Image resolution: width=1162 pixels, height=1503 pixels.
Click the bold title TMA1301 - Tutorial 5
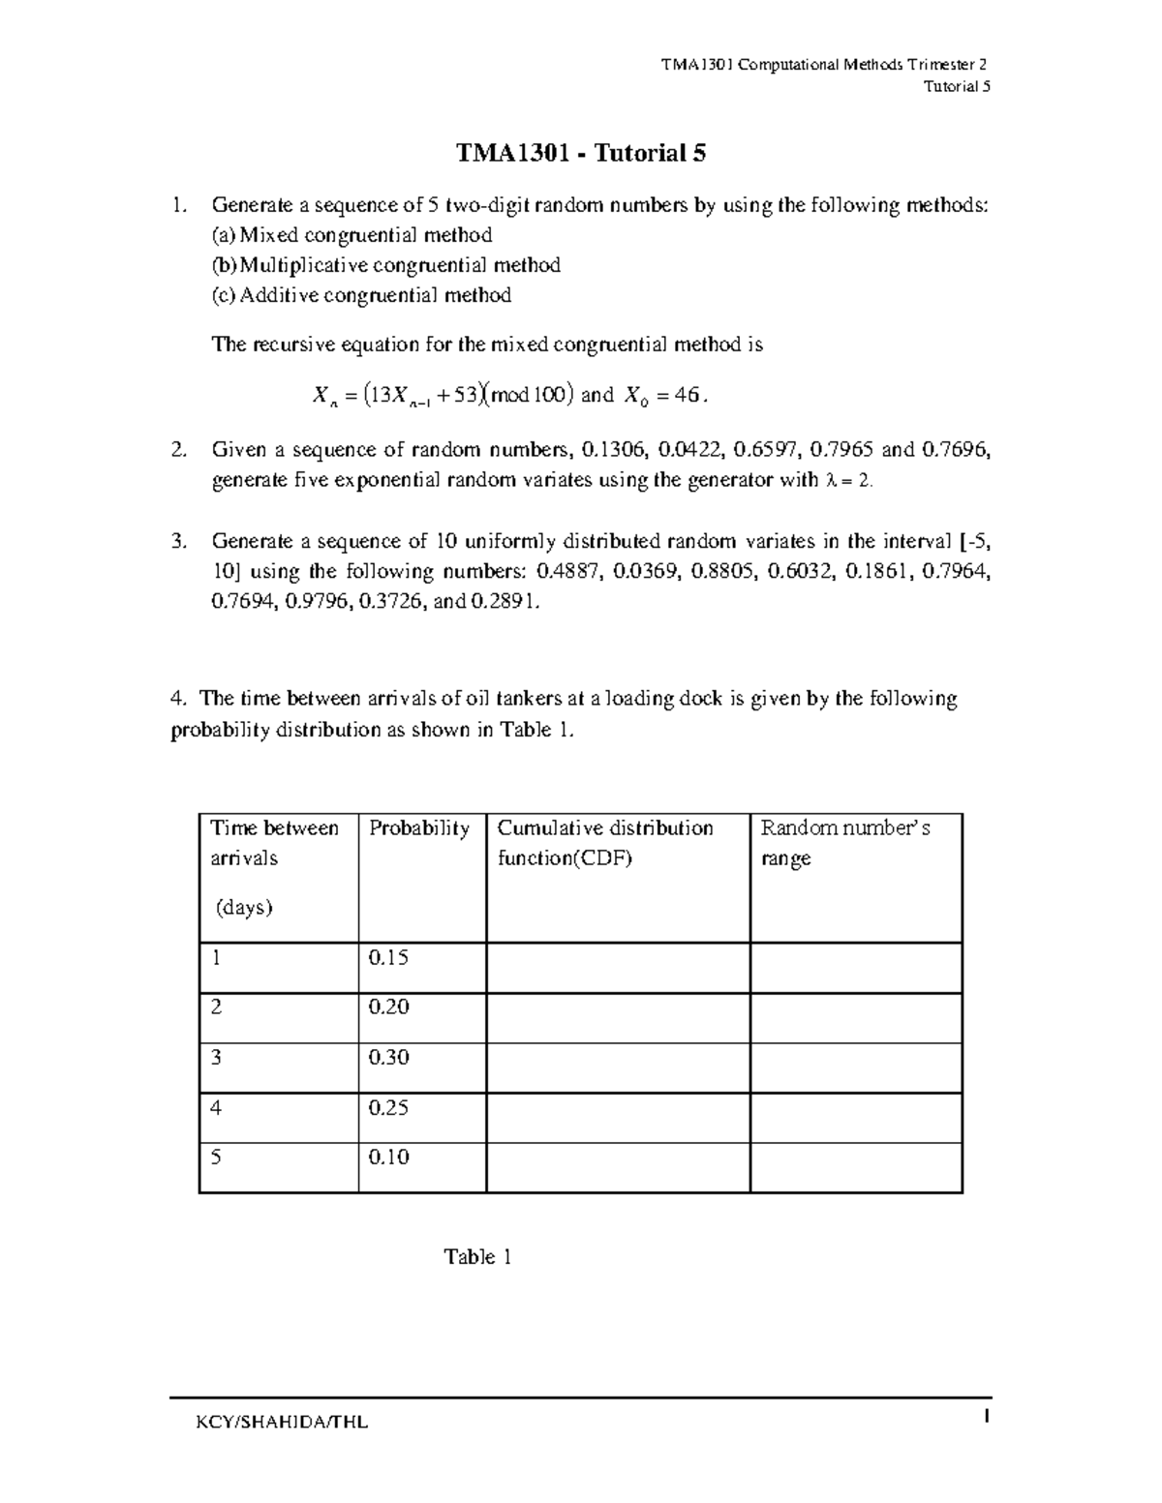tap(581, 154)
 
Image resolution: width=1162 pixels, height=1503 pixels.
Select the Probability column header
tap(418, 828)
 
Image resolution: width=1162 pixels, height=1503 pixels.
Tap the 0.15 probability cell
tap(388, 957)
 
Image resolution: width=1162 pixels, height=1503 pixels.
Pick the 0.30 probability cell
tap(388, 1057)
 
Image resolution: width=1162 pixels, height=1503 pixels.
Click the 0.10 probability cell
tap(388, 1157)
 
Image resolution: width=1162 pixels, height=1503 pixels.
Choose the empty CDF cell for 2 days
tap(618, 1017)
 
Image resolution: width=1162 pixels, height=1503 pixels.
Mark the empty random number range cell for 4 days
tap(856, 1118)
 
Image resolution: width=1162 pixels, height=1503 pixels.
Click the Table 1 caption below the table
tap(477, 1257)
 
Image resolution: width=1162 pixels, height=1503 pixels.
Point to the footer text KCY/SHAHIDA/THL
tap(281, 1423)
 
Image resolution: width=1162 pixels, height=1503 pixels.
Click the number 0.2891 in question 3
tap(504, 602)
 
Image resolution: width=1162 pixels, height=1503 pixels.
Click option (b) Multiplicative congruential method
tap(386, 265)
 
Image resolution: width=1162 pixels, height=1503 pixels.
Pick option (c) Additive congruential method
tap(361, 295)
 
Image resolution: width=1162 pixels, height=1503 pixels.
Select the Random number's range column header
tap(845, 843)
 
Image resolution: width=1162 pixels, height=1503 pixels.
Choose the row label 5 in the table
tap(216, 1157)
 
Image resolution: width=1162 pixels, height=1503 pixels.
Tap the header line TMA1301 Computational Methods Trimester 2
tap(824, 66)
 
